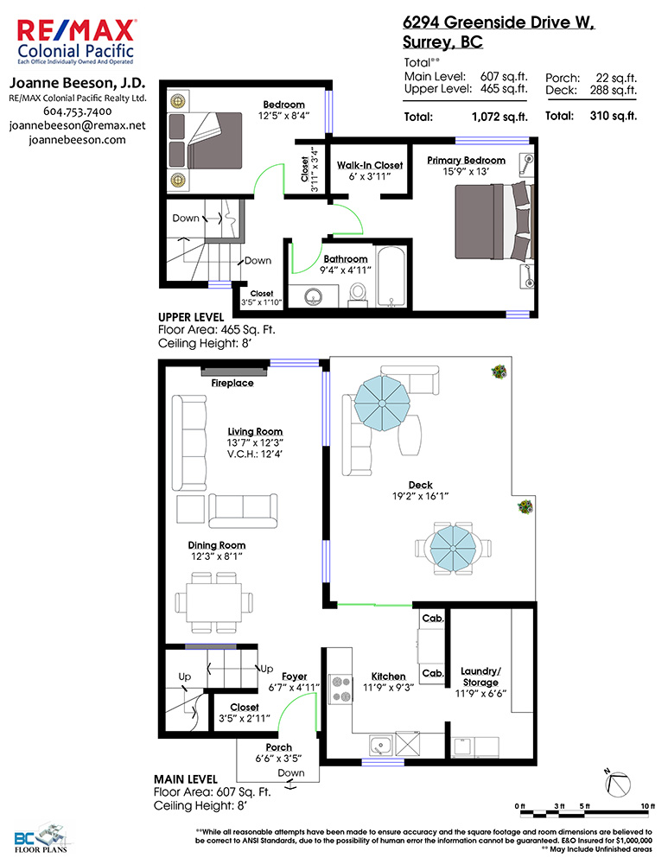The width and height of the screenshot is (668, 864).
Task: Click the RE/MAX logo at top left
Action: pos(75,41)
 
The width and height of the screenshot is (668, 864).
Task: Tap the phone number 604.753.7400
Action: pos(77,111)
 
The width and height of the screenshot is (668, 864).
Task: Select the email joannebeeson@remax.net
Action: pos(77,125)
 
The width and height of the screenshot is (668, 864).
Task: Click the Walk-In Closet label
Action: pos(370,165)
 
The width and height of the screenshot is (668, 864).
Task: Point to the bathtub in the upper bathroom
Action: pos(391,276)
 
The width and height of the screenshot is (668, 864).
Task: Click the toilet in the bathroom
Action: pos(358,295)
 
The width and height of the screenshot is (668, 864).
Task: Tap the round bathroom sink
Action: pos(314,297)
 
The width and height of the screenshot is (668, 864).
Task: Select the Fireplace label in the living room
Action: pos(232,383)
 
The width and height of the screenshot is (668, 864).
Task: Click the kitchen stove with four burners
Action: pos(340,689)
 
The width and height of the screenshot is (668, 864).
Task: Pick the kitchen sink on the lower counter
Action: pos(380,746)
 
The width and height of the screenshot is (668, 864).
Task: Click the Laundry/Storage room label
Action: pos(480,677)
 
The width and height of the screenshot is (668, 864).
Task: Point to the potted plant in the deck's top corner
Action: pos(499,372)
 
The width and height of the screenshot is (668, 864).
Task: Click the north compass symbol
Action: pos(617,784)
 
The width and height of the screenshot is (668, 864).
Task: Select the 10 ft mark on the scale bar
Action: pos(647,806)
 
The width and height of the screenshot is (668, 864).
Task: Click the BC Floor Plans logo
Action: pos(41,838)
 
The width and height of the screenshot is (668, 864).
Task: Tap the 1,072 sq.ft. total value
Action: pos(499,117)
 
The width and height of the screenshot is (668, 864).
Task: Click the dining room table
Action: pos(213,602)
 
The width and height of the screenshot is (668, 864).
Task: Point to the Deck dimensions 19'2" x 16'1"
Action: pos(420,497)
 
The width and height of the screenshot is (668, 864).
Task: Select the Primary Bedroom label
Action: pos(467,161)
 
